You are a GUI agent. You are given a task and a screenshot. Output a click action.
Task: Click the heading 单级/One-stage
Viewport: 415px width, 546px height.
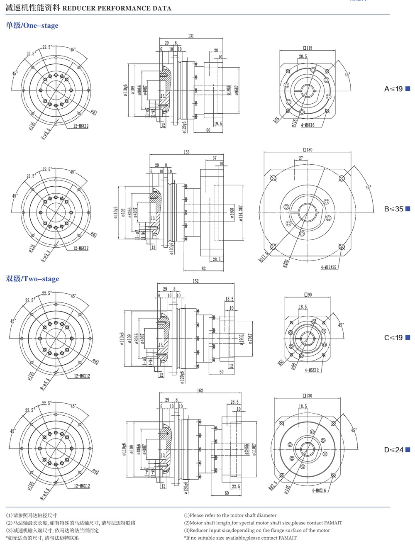point(32,25)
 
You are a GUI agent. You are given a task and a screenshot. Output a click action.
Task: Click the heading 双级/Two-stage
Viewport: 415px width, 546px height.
point(32,279)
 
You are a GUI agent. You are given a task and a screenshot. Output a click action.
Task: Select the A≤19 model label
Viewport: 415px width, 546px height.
point(393,89)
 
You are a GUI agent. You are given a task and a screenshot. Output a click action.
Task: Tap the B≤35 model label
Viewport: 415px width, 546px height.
point(393,209)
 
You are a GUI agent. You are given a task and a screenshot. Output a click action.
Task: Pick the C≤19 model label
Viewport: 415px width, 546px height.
point(393,337)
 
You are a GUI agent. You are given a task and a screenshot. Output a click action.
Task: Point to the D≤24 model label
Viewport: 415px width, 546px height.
point(393,450)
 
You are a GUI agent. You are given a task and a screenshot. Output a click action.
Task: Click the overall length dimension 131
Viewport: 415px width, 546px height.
point(190,36)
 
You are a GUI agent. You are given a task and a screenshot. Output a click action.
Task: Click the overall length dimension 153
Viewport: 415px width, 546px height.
point(187,152)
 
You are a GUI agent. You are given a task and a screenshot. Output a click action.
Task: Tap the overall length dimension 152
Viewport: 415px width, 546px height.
point(195,281)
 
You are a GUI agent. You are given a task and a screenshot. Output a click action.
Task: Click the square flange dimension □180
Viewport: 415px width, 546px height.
point(308,150)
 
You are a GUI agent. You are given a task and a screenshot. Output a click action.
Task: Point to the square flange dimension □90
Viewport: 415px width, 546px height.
point(308,295)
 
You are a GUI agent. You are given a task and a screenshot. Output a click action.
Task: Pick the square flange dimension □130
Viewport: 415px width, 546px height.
point(308,396)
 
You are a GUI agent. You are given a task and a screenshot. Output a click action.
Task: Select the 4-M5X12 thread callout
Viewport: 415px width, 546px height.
point(312,370)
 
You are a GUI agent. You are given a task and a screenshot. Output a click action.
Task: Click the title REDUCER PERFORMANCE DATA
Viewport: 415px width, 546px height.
point(117,8)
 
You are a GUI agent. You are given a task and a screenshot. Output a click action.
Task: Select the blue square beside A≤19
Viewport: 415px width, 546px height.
point(408,88)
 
